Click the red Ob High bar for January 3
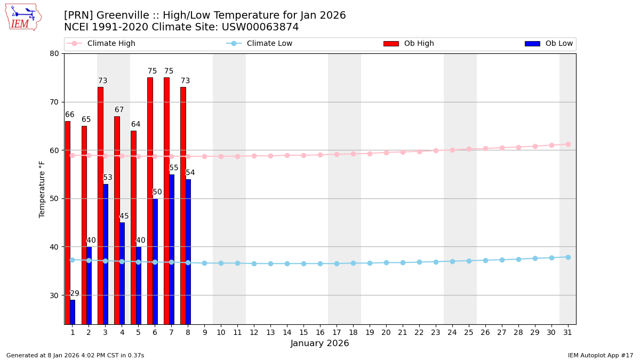pyautogui.click(x=100, y=205)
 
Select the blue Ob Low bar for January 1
pyautogui.click(x=73, y=311)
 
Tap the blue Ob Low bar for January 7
pyautogui.click(x=172, y=249)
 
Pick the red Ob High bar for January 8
pyautogui.click(x=183, y=205)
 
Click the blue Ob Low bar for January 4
pyautogui.click(x=122, y=273)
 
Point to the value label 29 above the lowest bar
pyautogui.click(x=75, y=294)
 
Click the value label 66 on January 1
pyautogui.click(x=70, y=115)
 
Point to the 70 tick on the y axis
pyautogui.click(x=55, y=102)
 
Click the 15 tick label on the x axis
pyautogui.click(x=303, y=332)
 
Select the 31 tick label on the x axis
pyautogui.click(x=567, y=332)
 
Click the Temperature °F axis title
pyautogui.click(x=42, y=189)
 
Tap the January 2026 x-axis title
pyautogui.click(x=319, y=344)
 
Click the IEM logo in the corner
pyautogui.click(x=23, y=17)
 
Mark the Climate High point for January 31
pyautogui.click(x=568, y=144)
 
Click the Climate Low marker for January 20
pyautogui.click(x=386, y=262)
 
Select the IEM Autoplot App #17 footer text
pyautogui.click(x=601, y=356)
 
